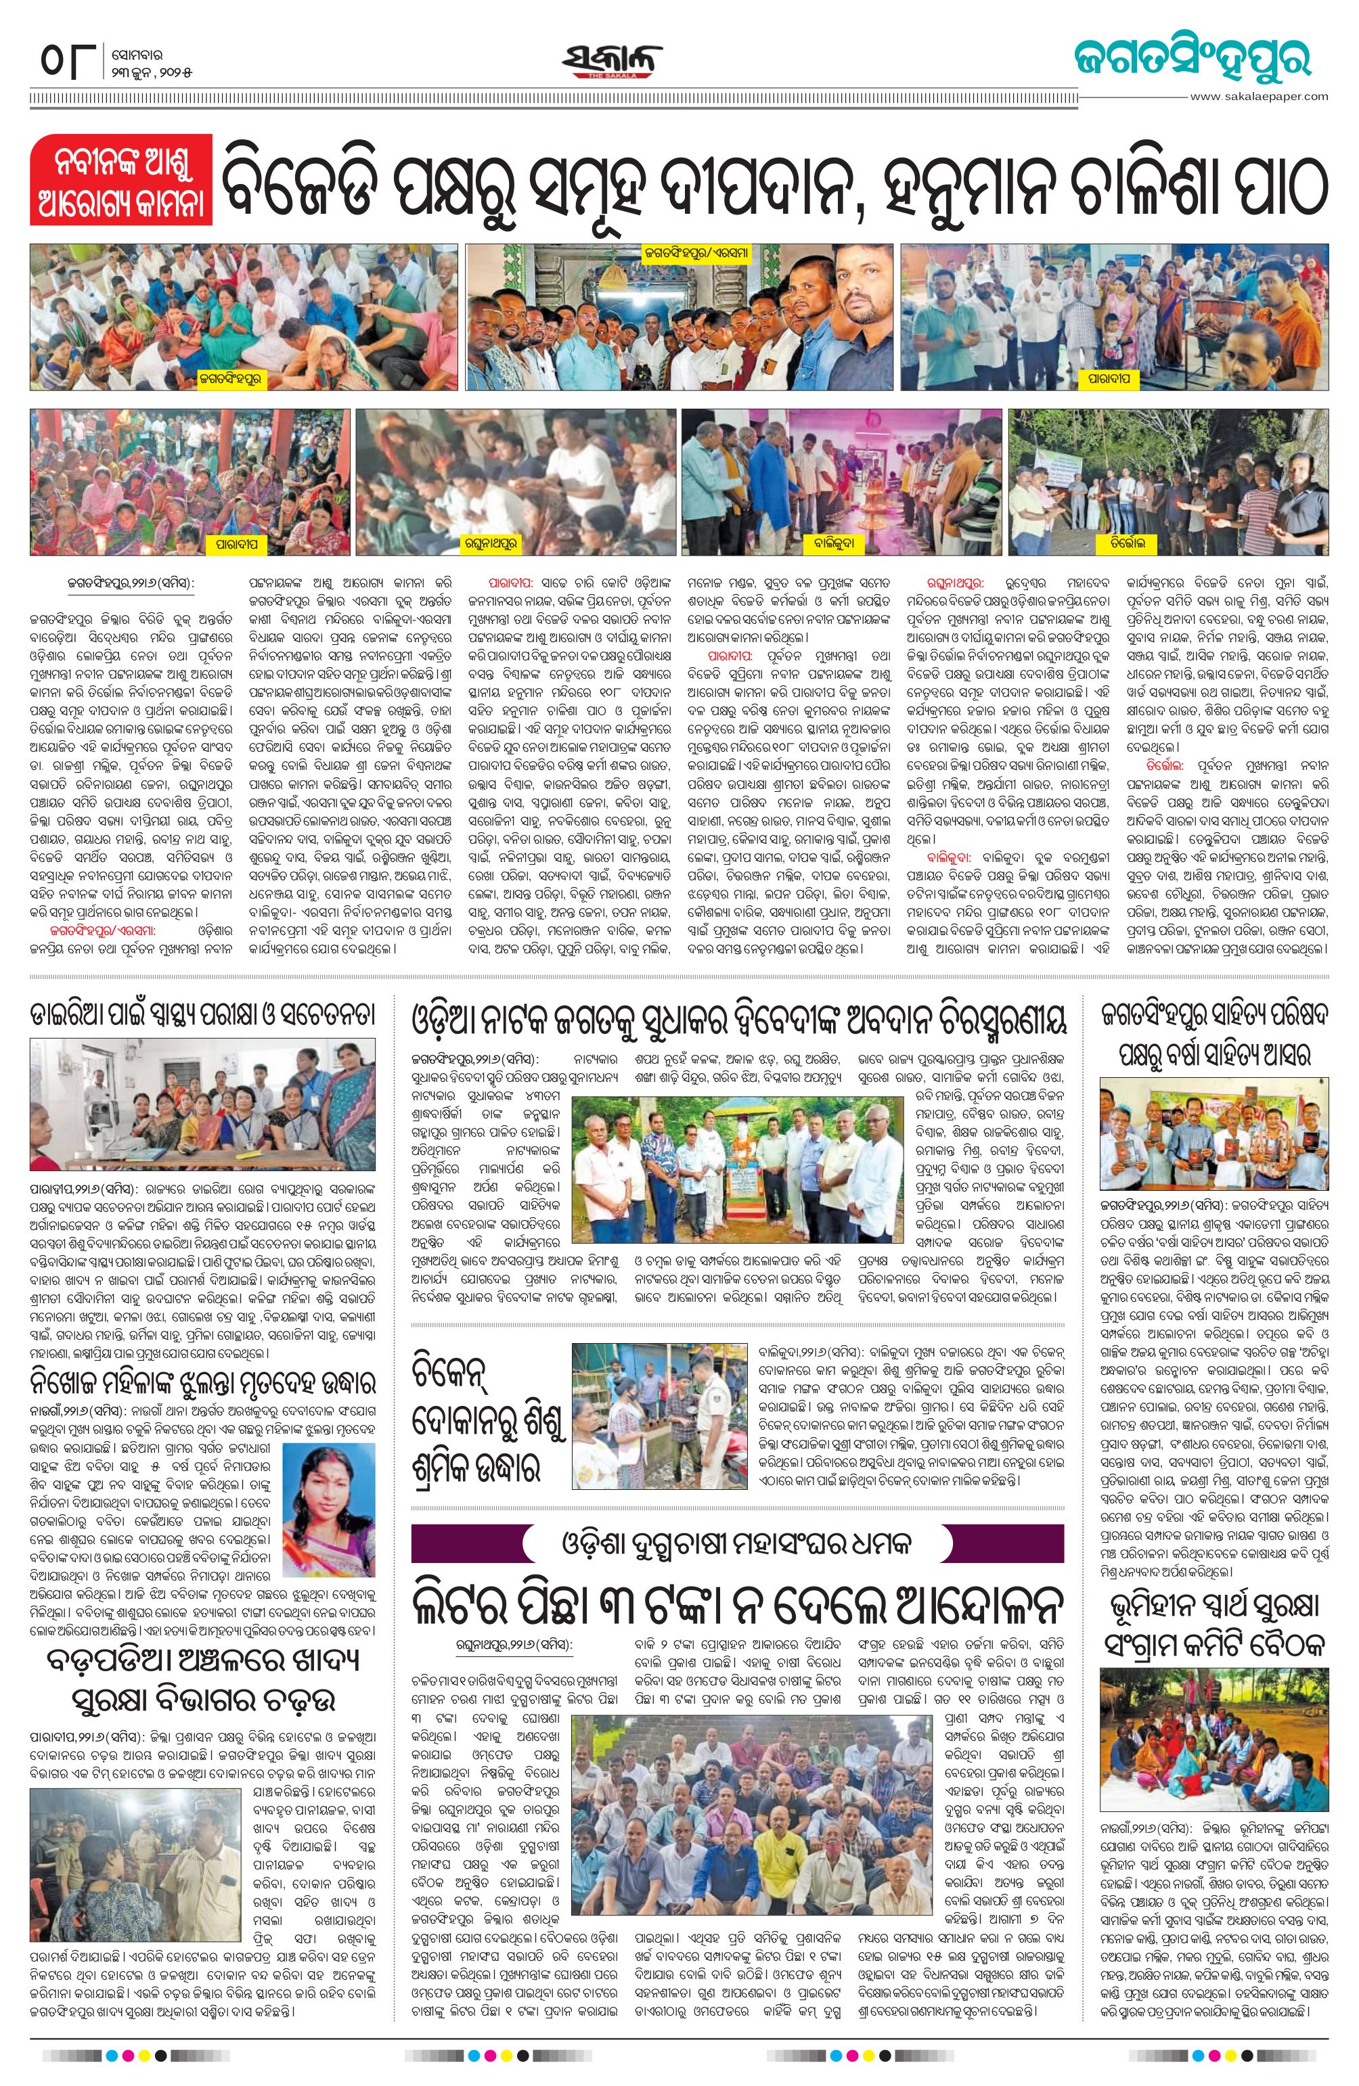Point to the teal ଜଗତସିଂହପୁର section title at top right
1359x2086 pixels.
click(x=1193, y=59)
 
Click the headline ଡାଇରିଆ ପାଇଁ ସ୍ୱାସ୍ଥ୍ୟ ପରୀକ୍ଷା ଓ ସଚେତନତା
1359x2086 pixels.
click(x=204, y=1016)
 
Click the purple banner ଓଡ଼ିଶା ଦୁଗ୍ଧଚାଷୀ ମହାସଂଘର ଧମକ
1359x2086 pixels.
click(x=738, y=1541)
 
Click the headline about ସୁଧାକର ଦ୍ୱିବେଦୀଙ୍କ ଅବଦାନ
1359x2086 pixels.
click(x=738, y=1020)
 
